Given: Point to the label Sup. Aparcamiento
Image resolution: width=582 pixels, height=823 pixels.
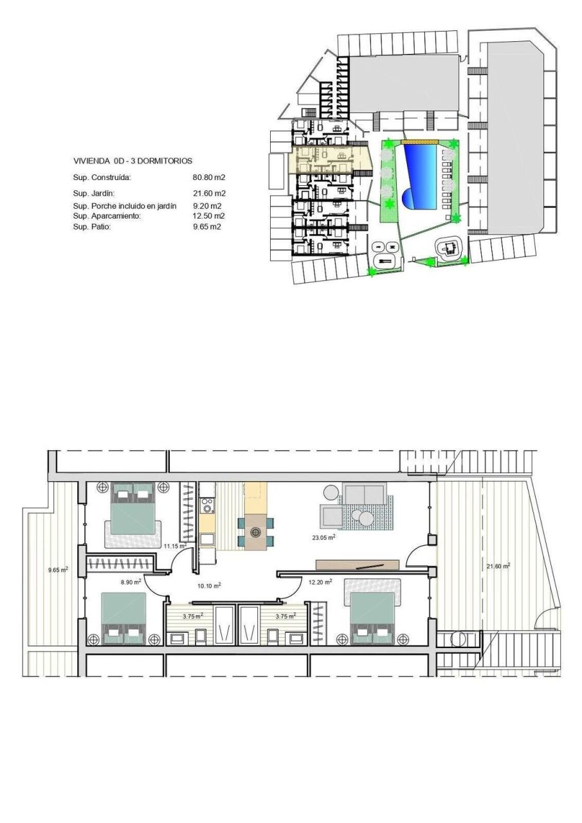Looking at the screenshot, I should pos(106,216).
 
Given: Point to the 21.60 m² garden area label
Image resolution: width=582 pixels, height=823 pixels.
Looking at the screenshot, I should pos(498,566).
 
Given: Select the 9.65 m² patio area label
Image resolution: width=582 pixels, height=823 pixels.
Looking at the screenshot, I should pos(59,569).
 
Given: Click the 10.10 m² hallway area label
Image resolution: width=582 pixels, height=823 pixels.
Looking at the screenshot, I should pos(210,586).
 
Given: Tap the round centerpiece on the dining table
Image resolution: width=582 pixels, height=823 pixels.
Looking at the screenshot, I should pos(256,532).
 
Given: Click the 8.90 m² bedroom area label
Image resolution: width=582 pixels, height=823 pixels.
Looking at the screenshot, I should pos(131,581).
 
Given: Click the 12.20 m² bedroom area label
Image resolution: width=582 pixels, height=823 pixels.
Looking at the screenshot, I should pos(320,582).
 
